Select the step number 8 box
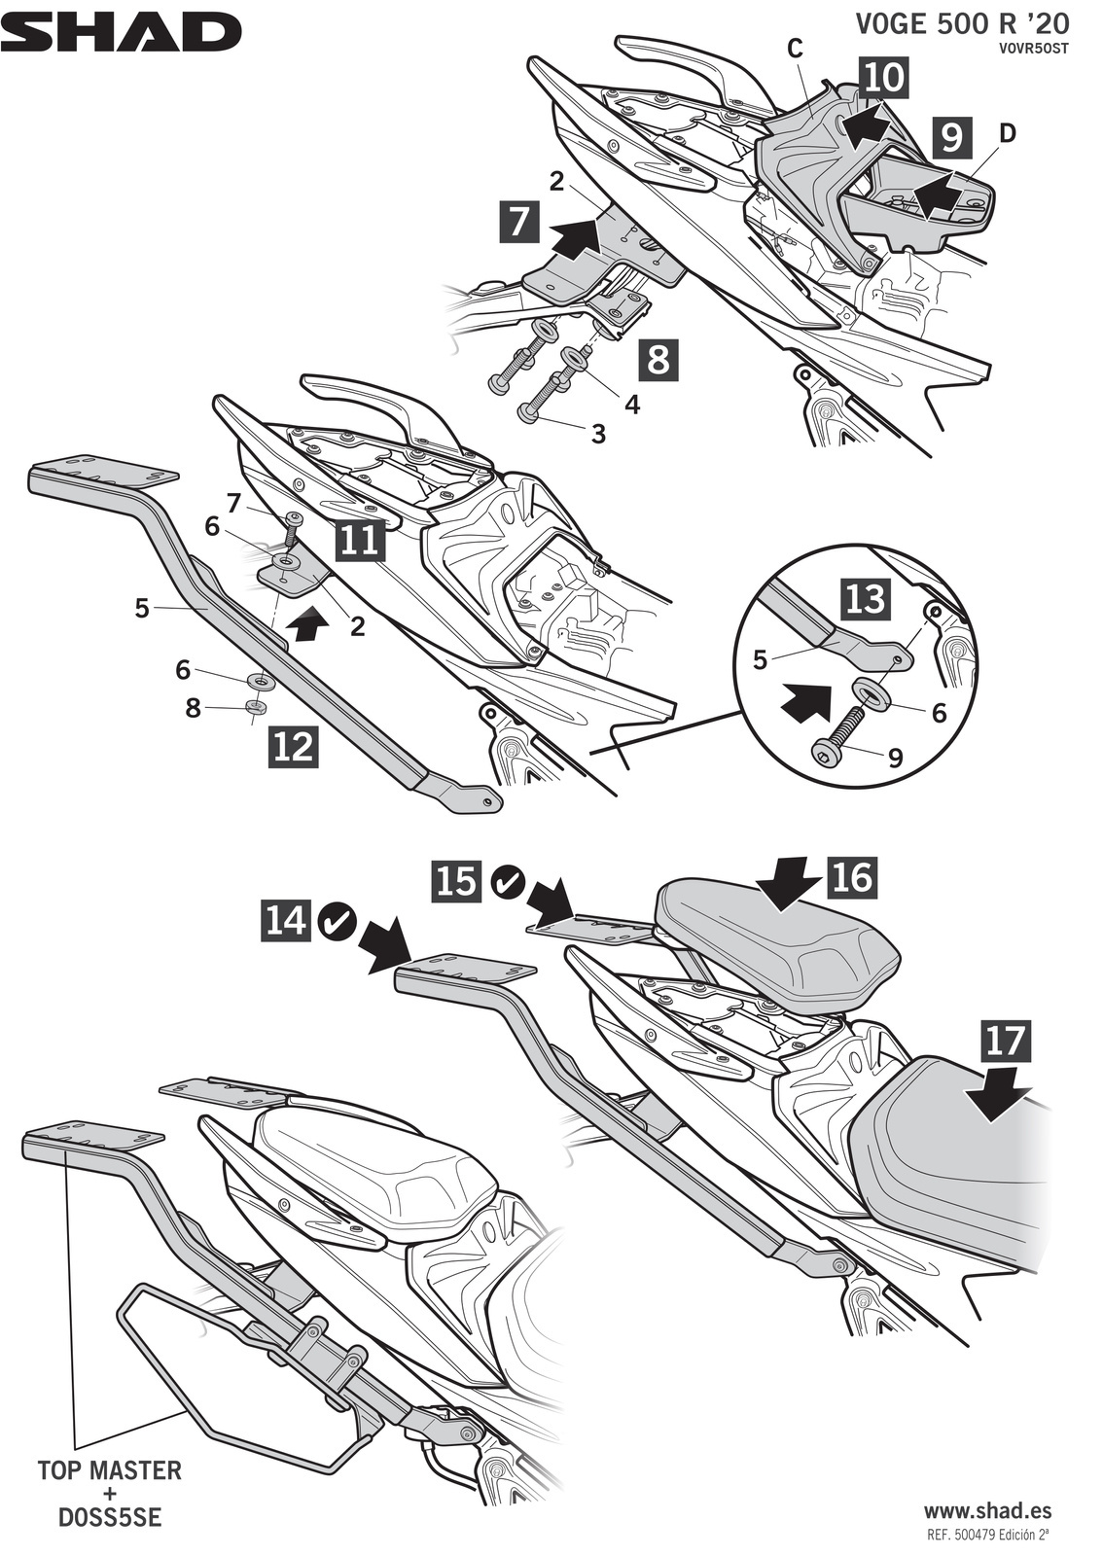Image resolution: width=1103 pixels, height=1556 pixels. pyautogui.click(x=658, y=359)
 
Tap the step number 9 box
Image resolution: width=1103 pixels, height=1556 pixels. pyautogui.click(x=951, y=137)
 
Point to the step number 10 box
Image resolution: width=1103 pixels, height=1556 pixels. pyautogui.click(x=883, y=77)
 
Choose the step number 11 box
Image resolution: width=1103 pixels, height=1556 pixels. pyautogui.click(x=360, y=540)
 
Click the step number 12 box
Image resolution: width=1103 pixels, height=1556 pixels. pyautogui.click(x=293, y=746)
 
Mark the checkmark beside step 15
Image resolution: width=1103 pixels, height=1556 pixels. pyautogui.click(x=508, y=881)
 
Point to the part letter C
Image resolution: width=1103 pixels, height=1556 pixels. pyautogui.click(x=794, y=51)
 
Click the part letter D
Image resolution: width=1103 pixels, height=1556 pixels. pyautogui.click(x=1007, y=133)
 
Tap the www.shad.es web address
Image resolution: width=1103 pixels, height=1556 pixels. pyautogui.click(x=987, y=1510)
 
